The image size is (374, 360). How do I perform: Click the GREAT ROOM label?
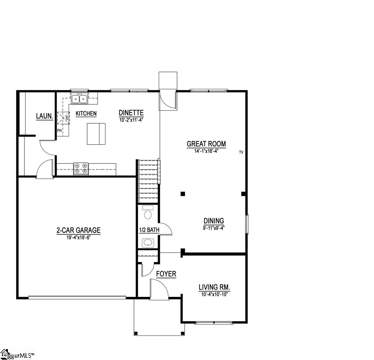[x=206, y=144]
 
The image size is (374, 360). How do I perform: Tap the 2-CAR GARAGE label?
[x=78, y=231]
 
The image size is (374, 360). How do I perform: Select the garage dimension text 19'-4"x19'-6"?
[x=78, y=237]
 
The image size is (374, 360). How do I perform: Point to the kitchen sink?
[x=80, y=99]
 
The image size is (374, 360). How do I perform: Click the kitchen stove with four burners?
[x=81, y=169]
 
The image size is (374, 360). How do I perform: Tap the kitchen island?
[x=96, y=133]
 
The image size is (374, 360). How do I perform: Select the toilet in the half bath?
[x=148, y=214]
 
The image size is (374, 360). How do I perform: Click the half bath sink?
[x=147, y=243]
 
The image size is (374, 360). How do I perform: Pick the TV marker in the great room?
[x=241, y=152]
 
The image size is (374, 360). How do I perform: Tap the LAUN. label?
[x=44, y=117]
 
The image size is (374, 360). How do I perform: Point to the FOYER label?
[x=166, y=274]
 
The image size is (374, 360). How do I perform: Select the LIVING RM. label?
[x=214, y=288]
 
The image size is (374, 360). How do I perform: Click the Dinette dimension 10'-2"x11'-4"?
[x=131, y=120]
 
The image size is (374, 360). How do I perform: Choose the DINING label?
[x=214, y=221]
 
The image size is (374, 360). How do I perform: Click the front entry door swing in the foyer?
[x=158, y=290]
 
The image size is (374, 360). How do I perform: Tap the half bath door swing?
[x=165, y=229]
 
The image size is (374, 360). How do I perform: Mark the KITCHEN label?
[x=86, y=114]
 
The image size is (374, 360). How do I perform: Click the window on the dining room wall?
[x=246, y=224]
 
